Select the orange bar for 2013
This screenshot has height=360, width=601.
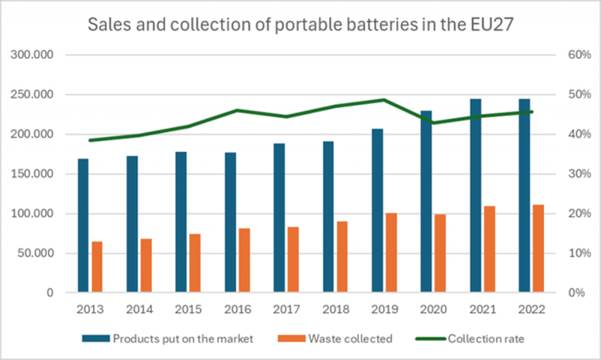[x=97, y=267]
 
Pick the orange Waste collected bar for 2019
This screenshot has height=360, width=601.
[x=391, y=253]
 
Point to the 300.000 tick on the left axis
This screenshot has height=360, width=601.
[x=35, y=55]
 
